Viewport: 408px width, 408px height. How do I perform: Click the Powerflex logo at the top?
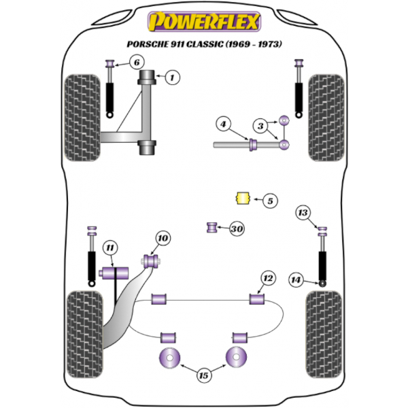pyautogui.click(x=204, y=22)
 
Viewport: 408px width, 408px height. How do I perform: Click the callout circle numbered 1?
pyautogui.click(x=172, y=78)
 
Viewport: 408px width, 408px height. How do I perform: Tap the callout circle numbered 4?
pyautogui.click(x=223, y=124)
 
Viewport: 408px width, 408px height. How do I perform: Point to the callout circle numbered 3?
pyautogui.click(x=260, y=126)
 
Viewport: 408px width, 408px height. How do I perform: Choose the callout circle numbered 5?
pyautogui.click(x=269, y=201)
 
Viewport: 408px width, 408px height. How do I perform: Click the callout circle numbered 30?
pyautogui.click(x=237, y=228)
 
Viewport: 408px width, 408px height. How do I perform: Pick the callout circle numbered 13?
pyautogui.click(x=303, y=214)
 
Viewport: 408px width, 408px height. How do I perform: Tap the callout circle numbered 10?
pyautogui.click(x=162, y=238)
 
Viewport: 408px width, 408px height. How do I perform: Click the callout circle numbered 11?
pyautogui.click(x=109, y=247)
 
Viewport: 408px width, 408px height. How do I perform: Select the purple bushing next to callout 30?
pyautogui.click(x=211, y=227)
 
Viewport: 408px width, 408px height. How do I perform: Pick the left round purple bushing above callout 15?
pyautogui.click(x=169, y=357)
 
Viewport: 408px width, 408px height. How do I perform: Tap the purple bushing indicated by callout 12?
pyautogui.click(x=257, y=298)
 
